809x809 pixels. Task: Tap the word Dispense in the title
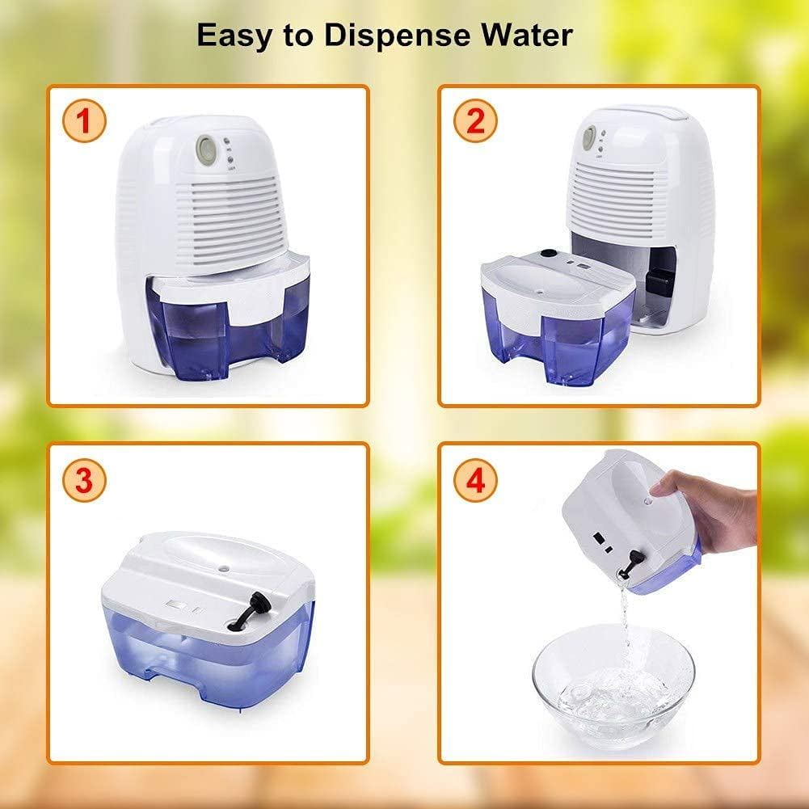point(398,35)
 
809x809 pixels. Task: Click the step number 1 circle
point(84,120)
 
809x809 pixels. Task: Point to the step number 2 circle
point(475,120)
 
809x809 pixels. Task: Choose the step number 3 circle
point(84,480)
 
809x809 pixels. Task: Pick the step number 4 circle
point(475,480)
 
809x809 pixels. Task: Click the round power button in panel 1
point(206,147)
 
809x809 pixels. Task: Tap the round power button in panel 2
point(589,137)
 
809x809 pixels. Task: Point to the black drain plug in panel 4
point(630,564)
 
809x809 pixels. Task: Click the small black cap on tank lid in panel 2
point(547,253)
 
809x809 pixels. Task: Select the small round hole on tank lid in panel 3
point(224,568)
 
